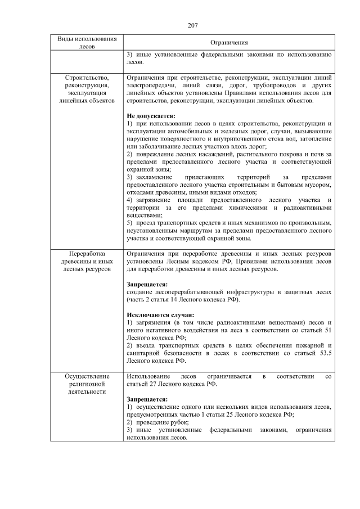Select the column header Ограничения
pos(229,43)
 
